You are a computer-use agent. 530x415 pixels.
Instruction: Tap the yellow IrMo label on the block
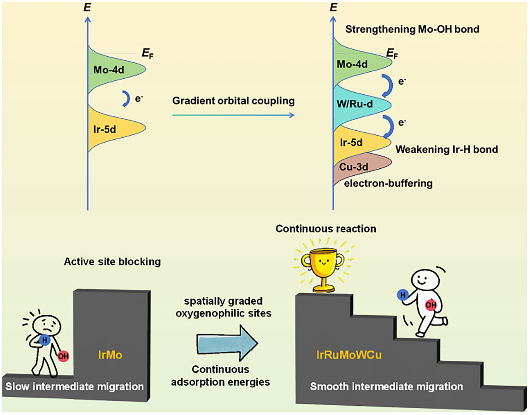[x=110, y=355]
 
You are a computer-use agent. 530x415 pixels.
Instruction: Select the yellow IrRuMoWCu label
[x=349, y=355]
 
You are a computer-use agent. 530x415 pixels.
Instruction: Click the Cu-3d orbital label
[x=354, y=167]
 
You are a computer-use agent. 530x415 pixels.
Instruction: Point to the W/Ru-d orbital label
[x=355, y=104]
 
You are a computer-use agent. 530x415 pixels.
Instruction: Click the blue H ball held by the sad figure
[x=45, y=340]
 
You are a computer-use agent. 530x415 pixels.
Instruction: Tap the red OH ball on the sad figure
[x=63, y=356]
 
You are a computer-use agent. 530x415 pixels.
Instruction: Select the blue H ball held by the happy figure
[x=403, y=295]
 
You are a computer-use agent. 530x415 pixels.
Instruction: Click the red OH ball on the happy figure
[x=431, y=305]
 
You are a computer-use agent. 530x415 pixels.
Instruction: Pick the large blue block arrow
[x=227, y=343]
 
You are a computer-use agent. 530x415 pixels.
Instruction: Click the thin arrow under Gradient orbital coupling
[x=233, y=115]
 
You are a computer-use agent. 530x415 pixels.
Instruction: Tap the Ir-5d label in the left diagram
[x=105, y=129]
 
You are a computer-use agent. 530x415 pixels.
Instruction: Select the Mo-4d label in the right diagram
[x=352, y=64]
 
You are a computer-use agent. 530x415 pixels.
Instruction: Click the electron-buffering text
[x=388, y=183]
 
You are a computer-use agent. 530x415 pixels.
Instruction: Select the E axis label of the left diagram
[x=87, y=8]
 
